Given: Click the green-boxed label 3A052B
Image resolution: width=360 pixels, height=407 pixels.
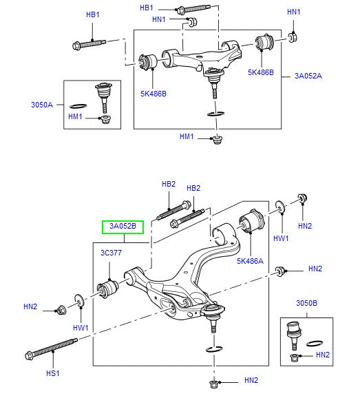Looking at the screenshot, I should pos(123,227).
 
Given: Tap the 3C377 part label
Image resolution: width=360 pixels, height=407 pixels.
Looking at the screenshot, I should pos(111,253).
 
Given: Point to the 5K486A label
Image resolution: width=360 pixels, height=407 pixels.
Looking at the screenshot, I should pos(250,261).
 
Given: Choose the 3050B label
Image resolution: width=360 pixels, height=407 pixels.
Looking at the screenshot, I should pos(306,302).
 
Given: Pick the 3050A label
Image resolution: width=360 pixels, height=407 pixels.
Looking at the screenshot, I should pos(43,105).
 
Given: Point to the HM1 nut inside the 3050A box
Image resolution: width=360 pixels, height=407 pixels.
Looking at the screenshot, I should pos(105,121).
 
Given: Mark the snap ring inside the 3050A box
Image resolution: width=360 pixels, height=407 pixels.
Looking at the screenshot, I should pos(78,106).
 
